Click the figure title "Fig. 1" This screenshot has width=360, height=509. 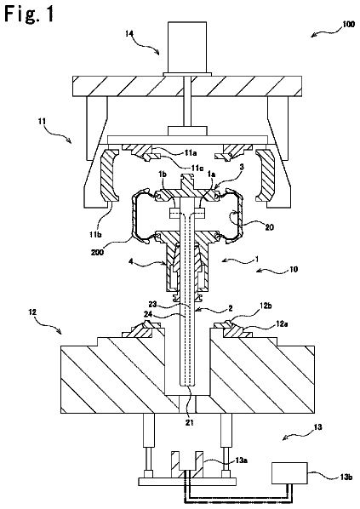(x=29, y=14)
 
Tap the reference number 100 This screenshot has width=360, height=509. (x=348, y=24)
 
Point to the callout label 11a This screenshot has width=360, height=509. (x=191, y=152)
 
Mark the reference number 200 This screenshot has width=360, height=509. (x=98, y=252)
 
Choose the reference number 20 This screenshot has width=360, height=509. (x=270, y=227)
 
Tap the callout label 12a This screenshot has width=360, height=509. (x=282, y=323)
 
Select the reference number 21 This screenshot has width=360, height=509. (x=190, y=422)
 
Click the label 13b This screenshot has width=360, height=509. (x=346, y=477)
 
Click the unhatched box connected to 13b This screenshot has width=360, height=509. (x=289, y=473)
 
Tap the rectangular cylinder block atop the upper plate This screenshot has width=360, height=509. (x=187, y=48)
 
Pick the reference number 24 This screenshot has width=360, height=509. (x=149, y=314)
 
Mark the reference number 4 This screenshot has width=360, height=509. (x=131, y=261)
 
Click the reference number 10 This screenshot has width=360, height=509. (x=293, y=269)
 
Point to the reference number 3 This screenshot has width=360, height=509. (x=242, y=167)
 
